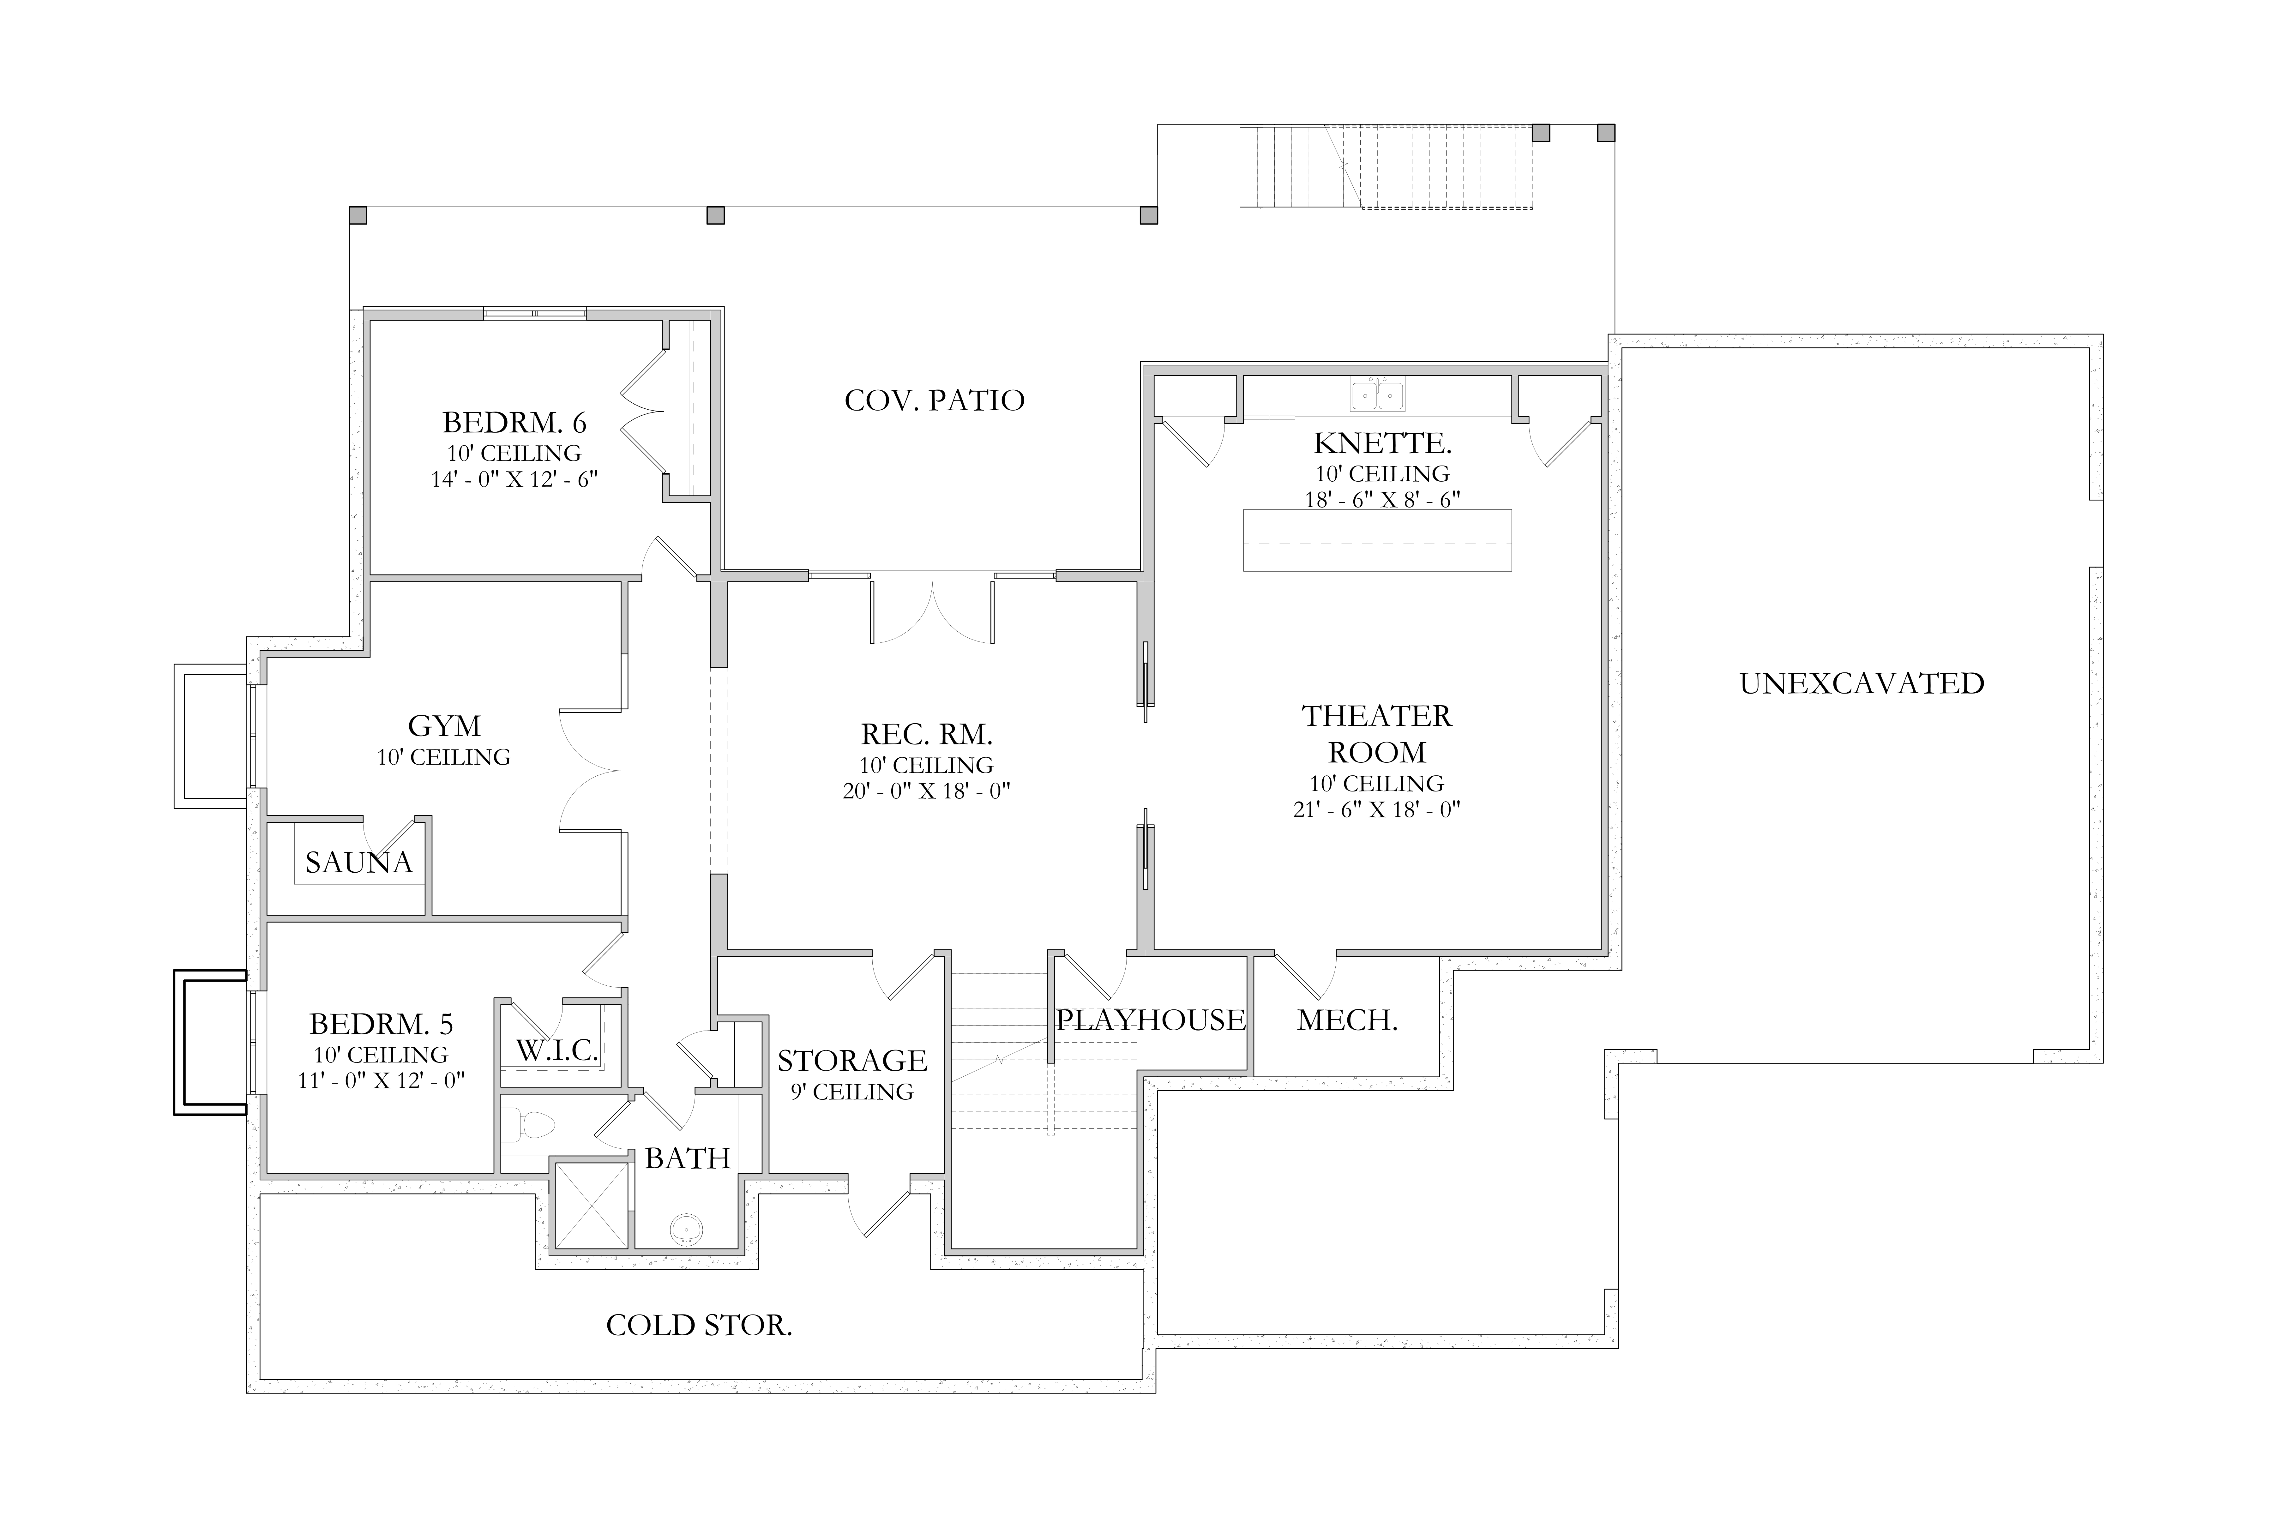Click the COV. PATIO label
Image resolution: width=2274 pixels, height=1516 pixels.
(934, 400)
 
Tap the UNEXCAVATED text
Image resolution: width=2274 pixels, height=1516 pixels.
(1861, 683)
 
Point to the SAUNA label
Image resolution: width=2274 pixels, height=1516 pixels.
(359, 863)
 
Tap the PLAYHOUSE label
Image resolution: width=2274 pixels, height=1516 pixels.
(1150, 1020)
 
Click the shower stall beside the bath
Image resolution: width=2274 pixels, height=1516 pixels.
(592, 1206)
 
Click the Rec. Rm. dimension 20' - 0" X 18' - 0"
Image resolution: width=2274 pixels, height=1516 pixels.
(926, 791)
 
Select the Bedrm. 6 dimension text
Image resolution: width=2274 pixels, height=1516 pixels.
(514, 479)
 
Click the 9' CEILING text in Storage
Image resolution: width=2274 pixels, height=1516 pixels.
(852, 1092)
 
